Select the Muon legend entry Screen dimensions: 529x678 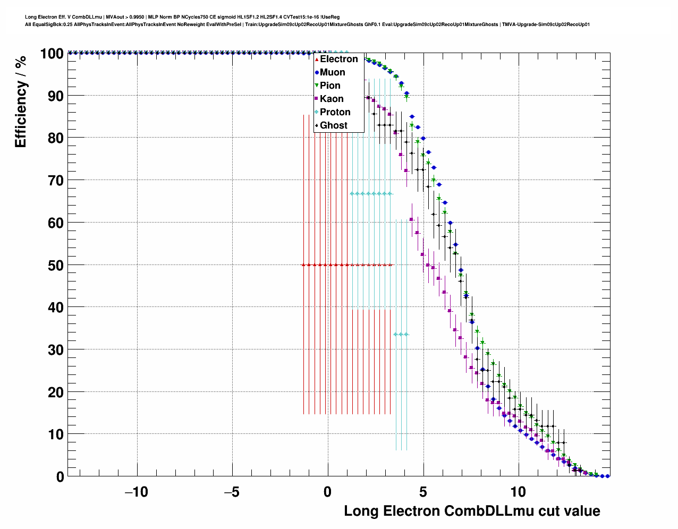pyautogui.click(x=332, y=72)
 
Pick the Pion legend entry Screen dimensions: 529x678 pyautogui.click(x=329, y=86)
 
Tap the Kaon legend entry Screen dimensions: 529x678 pyautogui.click(x=331, y=99)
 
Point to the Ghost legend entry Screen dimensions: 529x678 pyautogui.click(x=333, y=125)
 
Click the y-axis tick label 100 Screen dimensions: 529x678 pyautogui.click(x=52, y=54)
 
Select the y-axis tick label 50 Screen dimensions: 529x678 pyautogui.click(x=56, y=265)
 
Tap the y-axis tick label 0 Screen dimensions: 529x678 pyautogui.click(x=60, y=477)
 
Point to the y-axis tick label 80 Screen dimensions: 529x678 pyautogui.click(x=56, y=138)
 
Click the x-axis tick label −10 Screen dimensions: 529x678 pyautogui.click(x=136, y=492)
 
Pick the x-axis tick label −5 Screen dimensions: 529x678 pyautogui.click(x=232, y=492)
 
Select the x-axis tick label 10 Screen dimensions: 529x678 pyautogui.click(x=518, y=492)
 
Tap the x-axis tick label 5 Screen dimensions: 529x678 pyautogui.click(x=423, y=492)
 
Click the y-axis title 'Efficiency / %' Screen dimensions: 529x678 pyautogui.click(x=21, y=101)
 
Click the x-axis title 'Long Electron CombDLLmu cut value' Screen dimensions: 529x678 pyautogui.click(x=472, y=511)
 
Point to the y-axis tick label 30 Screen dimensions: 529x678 pyautogui.click(x=56, y=350)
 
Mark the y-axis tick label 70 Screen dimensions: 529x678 pyautogui.click(x=56, y=181)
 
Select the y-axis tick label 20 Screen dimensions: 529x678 pyautogui.click(x=56, y=393)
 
